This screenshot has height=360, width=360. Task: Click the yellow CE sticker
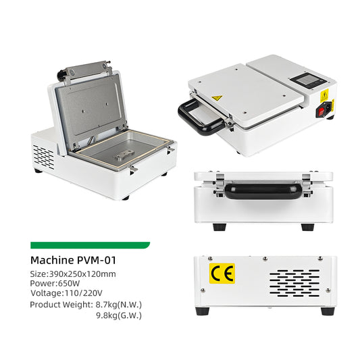(x=220, y=274)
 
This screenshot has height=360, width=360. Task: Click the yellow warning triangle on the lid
(x=216, y=99)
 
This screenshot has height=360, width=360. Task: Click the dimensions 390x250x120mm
(x=82, y=274)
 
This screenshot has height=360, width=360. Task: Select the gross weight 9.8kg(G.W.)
(x=120, y=315)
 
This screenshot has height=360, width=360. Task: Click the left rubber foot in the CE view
(x=201, y=311)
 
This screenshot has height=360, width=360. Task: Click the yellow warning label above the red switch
(x=324, y=95)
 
